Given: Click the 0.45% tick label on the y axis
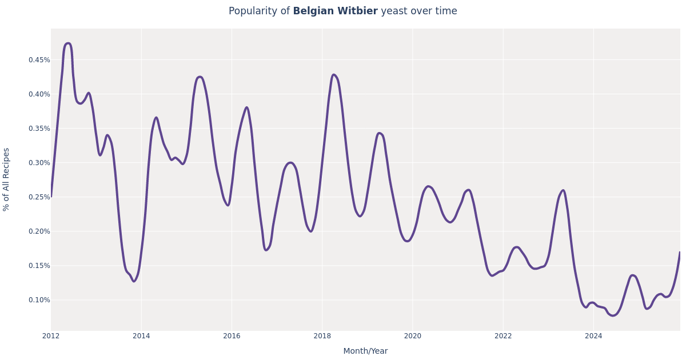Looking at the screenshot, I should (39, 60).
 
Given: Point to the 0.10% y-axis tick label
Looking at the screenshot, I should (39, 300).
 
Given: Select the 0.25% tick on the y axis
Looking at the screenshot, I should (39, 197).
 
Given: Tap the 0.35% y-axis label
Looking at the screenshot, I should (39, 129).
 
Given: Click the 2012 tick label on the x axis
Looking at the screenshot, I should (51, 336).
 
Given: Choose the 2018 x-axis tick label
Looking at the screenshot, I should (322, 336).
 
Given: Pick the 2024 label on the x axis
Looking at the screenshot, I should (593, 336).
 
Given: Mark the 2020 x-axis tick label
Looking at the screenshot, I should (412, 336).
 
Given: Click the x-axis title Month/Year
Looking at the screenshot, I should (365, 351).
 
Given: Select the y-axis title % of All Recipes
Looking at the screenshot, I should (7, 179).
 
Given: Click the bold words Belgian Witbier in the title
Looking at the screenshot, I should (335, 11).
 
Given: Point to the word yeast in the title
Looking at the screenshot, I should (393, 11).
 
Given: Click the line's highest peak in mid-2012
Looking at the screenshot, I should (68, 43).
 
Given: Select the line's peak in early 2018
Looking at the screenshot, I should (333, 75).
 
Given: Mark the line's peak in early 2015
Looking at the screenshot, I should (199, 77).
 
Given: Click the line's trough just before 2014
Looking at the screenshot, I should (134, 281).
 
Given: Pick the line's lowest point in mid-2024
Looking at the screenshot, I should (613, 315).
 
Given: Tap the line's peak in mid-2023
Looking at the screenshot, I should (563, 190).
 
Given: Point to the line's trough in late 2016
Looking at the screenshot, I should (266, 250).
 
